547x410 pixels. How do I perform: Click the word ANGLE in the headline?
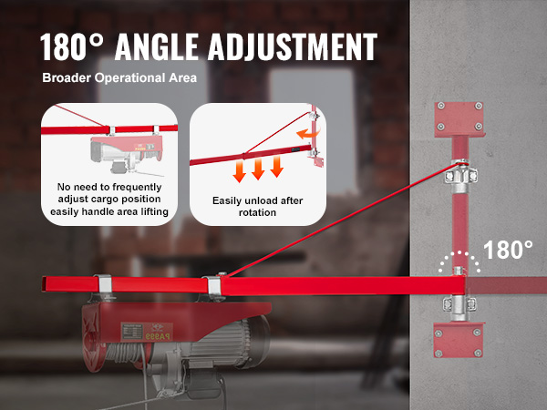[x=157, y=46]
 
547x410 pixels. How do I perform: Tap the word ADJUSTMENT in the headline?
[x=293, y=46]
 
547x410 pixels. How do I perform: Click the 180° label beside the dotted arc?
[x=508, y=250]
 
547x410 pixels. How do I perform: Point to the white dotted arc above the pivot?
[x=459, y=252]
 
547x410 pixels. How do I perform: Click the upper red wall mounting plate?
[x=459, y=118]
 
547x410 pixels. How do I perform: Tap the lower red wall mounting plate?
[x=458, y=339]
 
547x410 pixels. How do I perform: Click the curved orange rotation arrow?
[x=304, y=134]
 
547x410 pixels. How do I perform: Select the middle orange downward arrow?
[x=258, y=169]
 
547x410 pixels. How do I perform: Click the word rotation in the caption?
[x=257, y=212]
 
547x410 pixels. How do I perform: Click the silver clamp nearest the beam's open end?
[x=104, y=283]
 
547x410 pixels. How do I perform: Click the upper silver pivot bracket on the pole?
[x=460, y=176]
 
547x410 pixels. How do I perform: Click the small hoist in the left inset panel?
[x=127, y=153]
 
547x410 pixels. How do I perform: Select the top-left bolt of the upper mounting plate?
[x=441, y=106]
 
